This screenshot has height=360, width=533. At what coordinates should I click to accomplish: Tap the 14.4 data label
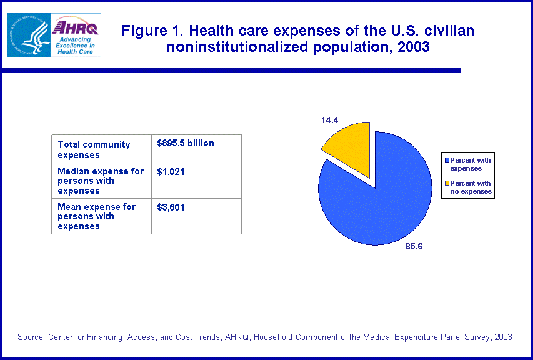330,119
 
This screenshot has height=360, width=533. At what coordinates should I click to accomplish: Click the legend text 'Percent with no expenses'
471,187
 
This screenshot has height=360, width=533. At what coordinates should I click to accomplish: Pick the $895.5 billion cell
186,143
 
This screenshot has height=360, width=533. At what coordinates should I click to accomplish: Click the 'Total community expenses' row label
94,149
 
